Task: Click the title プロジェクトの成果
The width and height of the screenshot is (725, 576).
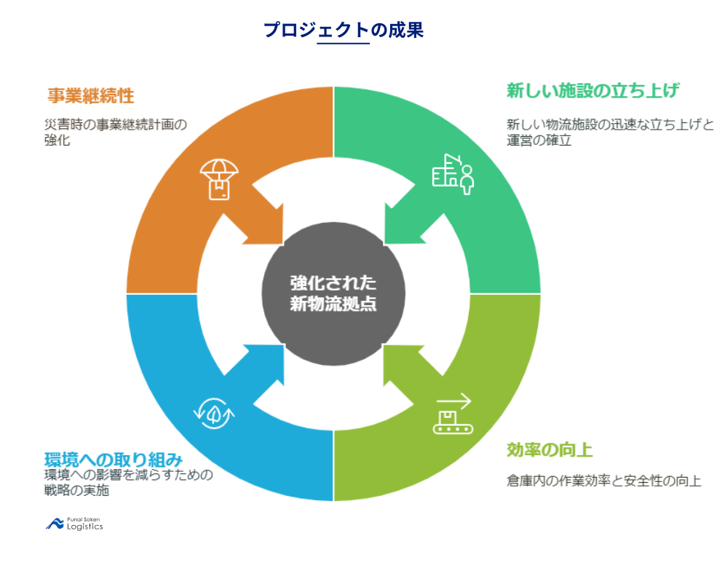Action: [343, 30]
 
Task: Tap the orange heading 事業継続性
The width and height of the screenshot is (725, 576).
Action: [91, 96]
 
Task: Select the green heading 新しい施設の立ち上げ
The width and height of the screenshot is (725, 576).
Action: [593, 91]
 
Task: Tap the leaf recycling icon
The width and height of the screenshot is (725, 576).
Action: [215, 413]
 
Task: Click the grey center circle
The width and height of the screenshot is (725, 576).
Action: [333, 293]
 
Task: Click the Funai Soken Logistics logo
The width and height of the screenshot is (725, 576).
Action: [75, 524]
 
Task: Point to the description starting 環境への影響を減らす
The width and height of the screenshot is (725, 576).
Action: [128, 483]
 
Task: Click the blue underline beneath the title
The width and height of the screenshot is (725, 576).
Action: [344, 44]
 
